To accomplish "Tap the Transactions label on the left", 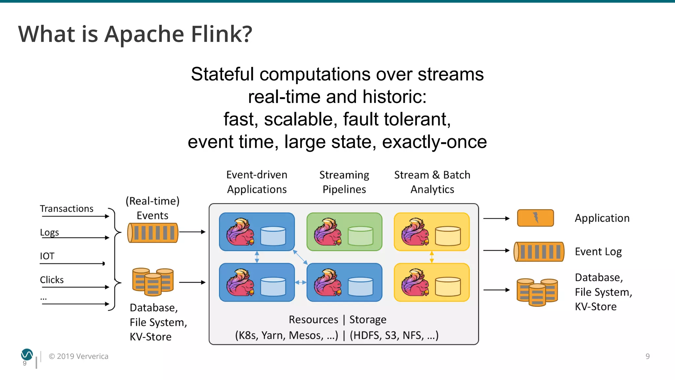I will [67, 209].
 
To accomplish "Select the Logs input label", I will [49, 232].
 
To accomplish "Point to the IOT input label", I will [47, 256].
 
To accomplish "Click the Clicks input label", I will [52, 280].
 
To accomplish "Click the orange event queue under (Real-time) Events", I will [153, 233].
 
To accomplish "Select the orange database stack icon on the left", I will [153, 281].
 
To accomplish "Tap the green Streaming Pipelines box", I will [344, 232].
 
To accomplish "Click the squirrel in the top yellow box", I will [415, 232].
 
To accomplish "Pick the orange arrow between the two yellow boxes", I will [432, 257].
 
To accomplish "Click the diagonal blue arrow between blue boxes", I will [300, 257].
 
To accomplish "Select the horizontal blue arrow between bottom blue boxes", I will [301, 282].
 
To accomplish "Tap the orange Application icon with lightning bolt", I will [535, 218].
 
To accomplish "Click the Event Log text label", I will [598, 252].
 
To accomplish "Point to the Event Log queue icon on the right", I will [539, 252].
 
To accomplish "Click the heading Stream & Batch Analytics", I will [432, 182].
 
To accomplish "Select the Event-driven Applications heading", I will [257, 182].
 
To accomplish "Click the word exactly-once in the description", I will [434, 142].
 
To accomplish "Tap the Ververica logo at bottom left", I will [27, 355].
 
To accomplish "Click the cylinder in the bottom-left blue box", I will [273, 286].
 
